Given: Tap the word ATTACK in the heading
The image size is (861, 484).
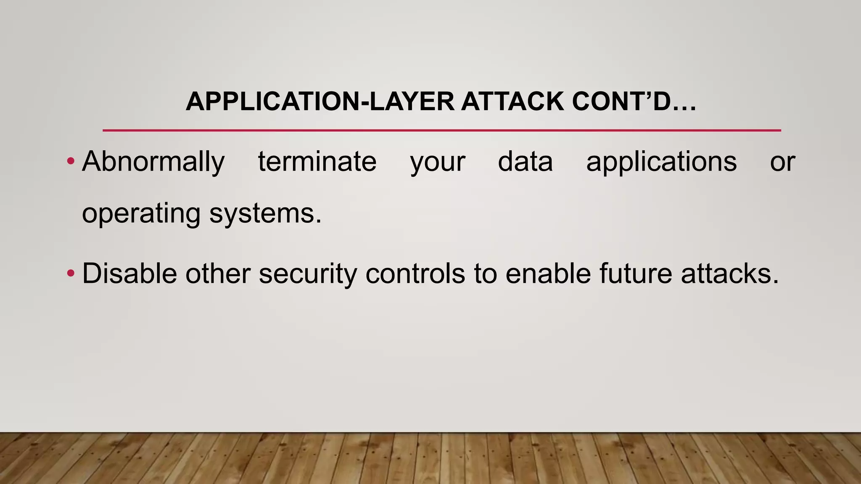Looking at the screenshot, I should (x=512, y=102).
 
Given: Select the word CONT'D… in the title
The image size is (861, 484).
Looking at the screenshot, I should (x=634, y=102).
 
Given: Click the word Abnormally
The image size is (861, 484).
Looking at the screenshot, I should (x=153, y=162).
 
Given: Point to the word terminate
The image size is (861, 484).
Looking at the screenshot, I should (x=317, y=162).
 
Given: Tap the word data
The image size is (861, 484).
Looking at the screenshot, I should (x=525, y=162).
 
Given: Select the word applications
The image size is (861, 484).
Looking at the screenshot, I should (x=661, y=162).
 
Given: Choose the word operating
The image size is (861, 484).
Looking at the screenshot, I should (x=141, y=214).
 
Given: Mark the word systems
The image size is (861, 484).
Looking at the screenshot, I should (x=265, y=214).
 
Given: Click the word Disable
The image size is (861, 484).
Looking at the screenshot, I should (x=129, y=274).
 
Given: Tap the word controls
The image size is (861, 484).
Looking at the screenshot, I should (x=415, y=274).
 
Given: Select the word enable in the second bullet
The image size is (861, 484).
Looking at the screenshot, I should (x=548, y=274).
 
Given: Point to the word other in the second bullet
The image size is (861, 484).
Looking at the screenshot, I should (x=218, y=274).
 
